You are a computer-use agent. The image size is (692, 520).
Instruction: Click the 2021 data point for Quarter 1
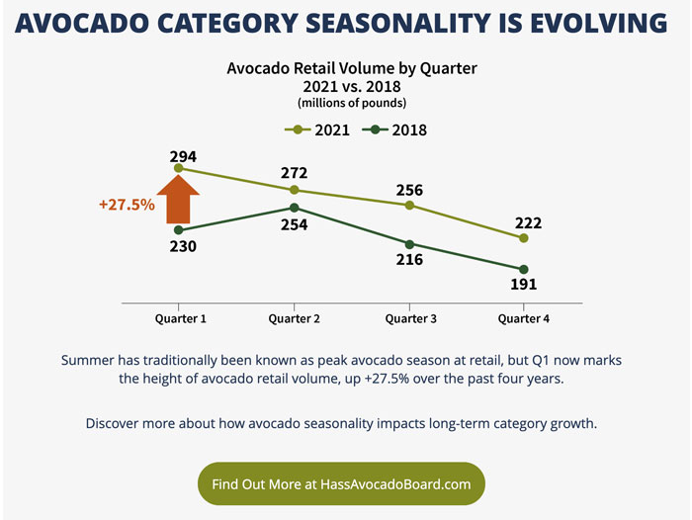tap(178, 169)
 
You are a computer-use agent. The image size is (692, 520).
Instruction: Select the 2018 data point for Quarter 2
tap(294, 208)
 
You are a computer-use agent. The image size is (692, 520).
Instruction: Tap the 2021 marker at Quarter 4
tap(524, 238)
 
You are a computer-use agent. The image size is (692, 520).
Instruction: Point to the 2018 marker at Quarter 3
tap(409, 244)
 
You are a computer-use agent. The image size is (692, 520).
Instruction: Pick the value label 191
tap(524, 285)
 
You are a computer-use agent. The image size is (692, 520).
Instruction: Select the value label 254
tap(294, 224)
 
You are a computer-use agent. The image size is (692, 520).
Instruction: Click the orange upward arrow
tap(178, 198)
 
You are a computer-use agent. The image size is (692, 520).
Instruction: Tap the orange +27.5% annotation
tap(127, 205)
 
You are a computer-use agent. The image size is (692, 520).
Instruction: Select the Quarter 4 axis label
tap(524, 318)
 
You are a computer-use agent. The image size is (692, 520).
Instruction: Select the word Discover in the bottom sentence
tap(119, 424)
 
